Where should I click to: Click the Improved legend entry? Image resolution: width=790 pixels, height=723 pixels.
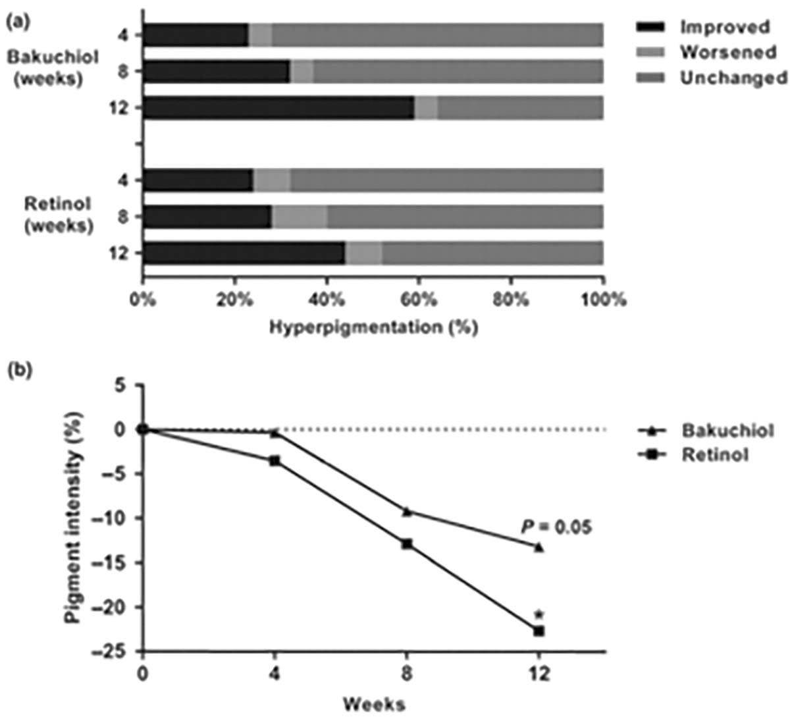[724, 27]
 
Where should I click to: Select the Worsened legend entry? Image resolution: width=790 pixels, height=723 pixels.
[728, 52]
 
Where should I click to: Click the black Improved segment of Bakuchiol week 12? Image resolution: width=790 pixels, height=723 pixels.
[278, 108]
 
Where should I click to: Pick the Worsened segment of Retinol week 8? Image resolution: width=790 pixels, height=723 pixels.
[300, 217]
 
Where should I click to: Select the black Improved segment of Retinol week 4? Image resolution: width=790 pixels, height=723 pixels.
[198, 180]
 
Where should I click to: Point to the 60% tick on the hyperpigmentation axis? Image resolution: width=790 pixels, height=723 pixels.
[419, 300]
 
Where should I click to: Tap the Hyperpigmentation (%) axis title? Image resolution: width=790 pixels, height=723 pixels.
[373, 327]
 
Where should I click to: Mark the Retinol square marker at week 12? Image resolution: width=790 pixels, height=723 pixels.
[539, 631]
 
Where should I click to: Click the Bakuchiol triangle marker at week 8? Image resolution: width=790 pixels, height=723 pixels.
[407, 511]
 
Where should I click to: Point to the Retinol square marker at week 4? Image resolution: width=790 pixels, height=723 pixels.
[275, 461]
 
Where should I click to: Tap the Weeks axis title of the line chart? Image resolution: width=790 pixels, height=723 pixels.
[373, 705]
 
